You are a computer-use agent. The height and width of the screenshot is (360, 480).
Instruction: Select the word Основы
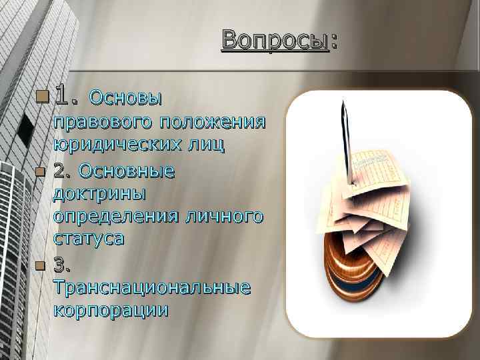click(125, 99)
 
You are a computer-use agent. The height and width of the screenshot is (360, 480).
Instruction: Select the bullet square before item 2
click(40, 172)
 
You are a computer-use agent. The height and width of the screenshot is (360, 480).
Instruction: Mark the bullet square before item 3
click(40, 266)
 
